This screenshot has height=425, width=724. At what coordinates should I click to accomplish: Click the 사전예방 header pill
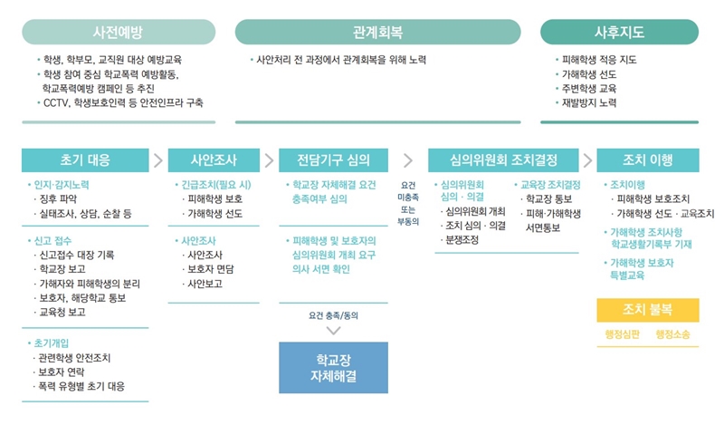coord(119,32)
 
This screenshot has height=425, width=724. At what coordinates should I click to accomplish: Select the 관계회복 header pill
coord(377,32)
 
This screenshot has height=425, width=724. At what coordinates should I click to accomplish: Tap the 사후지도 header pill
coord(619,32)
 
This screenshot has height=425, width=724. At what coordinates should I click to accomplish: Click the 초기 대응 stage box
coord(85,160)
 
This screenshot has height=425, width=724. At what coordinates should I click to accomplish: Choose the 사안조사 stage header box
coord(214,160)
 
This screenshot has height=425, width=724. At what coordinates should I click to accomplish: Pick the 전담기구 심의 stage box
coord(333,160)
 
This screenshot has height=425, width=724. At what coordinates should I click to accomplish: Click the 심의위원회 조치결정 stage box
coord(503,160)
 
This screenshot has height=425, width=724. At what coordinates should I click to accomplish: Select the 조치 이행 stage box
coord(648,160)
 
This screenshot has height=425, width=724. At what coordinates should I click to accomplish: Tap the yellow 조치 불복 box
coord(648,310)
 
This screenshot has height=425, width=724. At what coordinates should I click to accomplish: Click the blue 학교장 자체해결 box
coord(333,368)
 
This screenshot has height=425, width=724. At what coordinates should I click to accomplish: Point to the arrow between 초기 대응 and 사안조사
coord(158,160)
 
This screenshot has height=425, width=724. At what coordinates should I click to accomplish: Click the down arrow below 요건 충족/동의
coord(333,330)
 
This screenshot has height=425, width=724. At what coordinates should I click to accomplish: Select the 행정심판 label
coord(622,334)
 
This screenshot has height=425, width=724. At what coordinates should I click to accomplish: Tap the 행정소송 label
coord(672,334)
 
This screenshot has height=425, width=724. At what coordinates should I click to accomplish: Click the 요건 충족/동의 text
coord(333,315)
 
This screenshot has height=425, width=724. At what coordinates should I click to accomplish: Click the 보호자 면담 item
coord(210,269)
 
